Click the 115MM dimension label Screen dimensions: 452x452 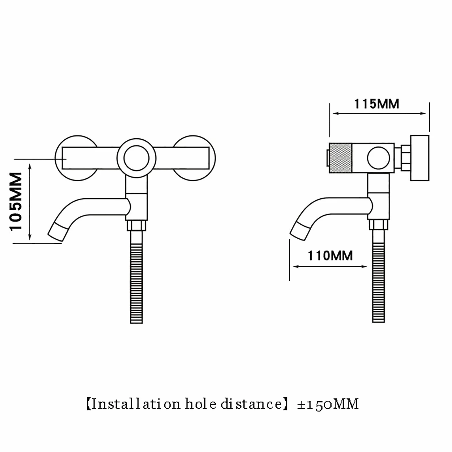376,104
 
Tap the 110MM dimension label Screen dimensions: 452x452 330,256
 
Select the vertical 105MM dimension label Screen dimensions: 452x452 16,201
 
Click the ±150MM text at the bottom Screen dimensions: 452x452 328,404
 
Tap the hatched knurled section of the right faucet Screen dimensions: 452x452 341,158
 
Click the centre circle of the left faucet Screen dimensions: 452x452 136,158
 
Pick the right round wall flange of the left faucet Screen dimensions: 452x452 193,158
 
